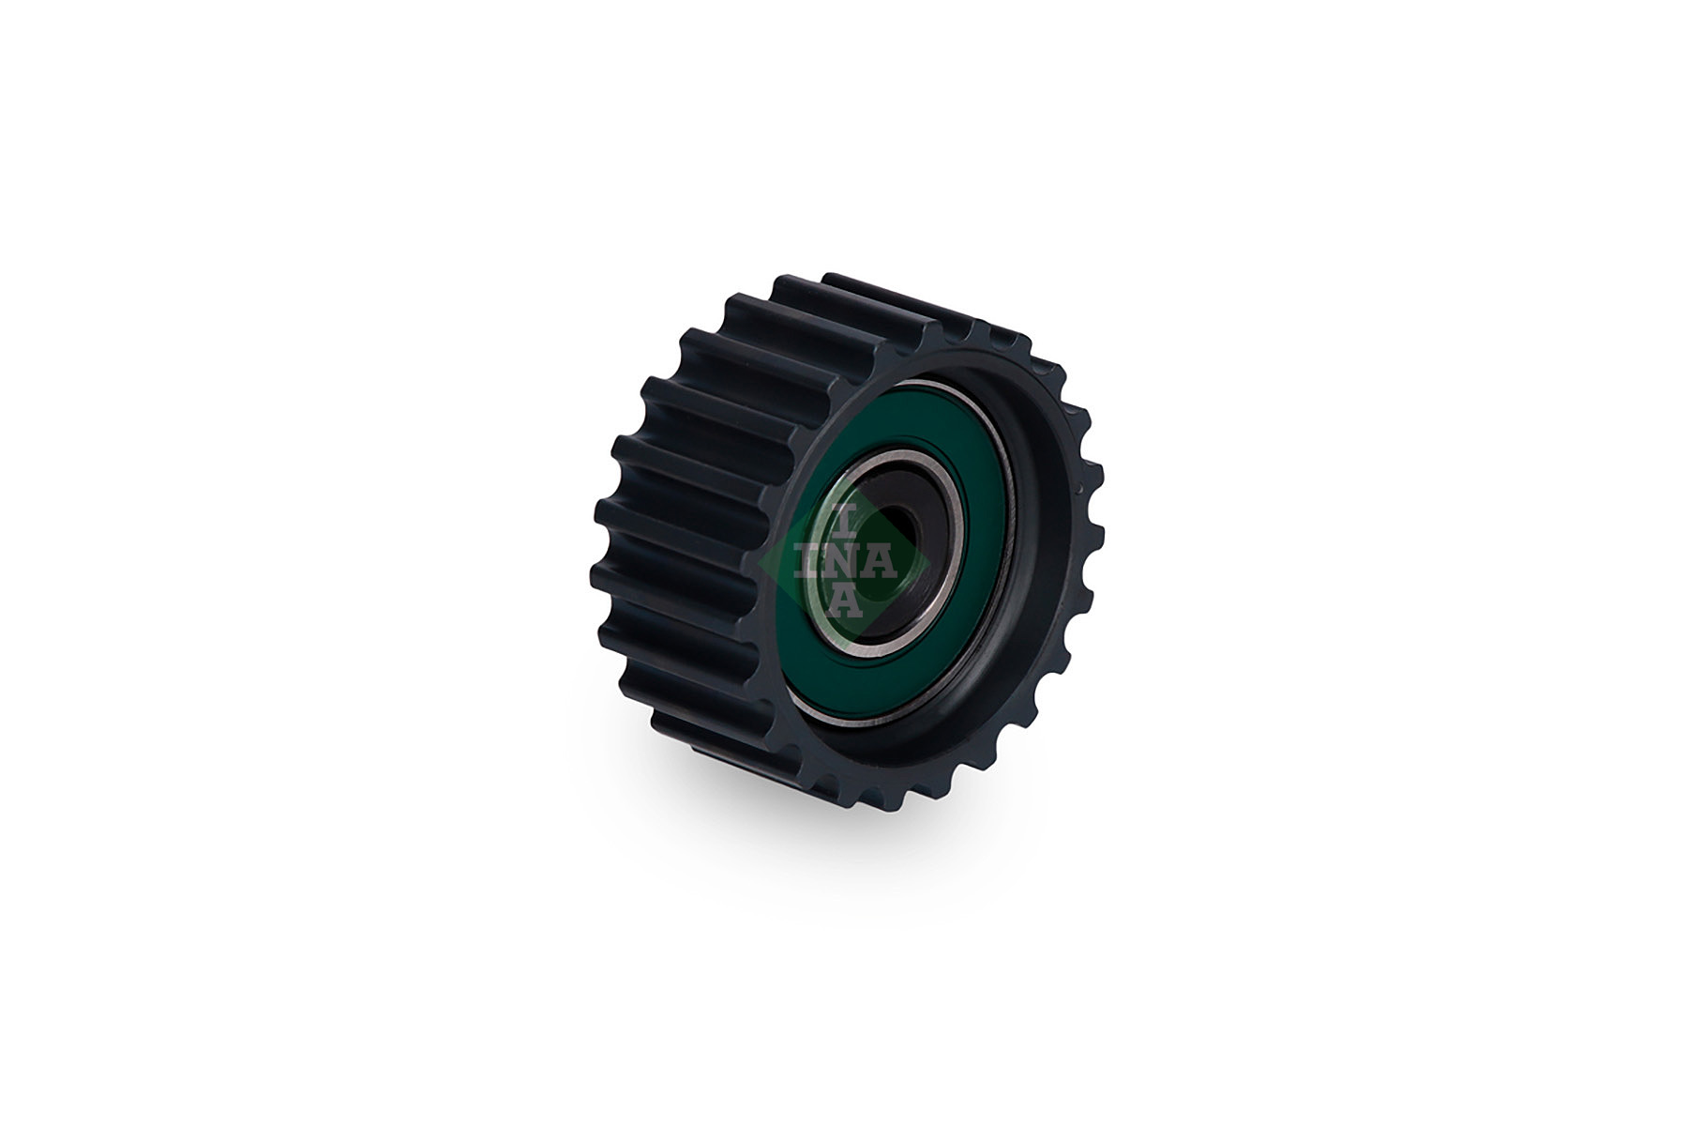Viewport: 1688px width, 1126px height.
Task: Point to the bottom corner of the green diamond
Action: click(x=844, y=647)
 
